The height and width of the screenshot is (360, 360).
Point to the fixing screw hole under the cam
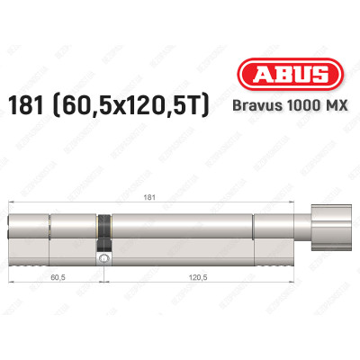click(x=106, y=260)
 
